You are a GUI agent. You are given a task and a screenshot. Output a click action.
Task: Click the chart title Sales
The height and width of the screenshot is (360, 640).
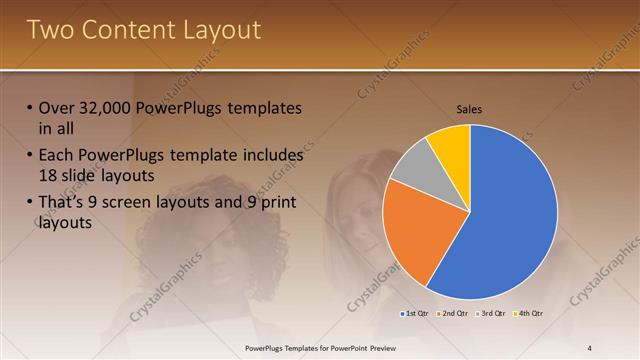click(x=470, y=109)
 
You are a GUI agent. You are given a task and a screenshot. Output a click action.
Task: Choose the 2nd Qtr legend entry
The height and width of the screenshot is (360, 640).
click(x=454, y=314)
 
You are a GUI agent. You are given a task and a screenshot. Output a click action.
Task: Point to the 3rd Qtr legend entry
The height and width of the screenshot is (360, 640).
click(x=493, y=314)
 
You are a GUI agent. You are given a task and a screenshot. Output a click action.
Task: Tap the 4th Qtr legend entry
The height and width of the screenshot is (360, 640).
click(x=530, y=314)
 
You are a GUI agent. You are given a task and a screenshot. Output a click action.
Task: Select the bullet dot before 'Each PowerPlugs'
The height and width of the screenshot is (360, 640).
click(x=29, y=157)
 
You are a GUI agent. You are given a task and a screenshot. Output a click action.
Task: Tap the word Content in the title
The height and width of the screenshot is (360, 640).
click(x=127, y=30)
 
